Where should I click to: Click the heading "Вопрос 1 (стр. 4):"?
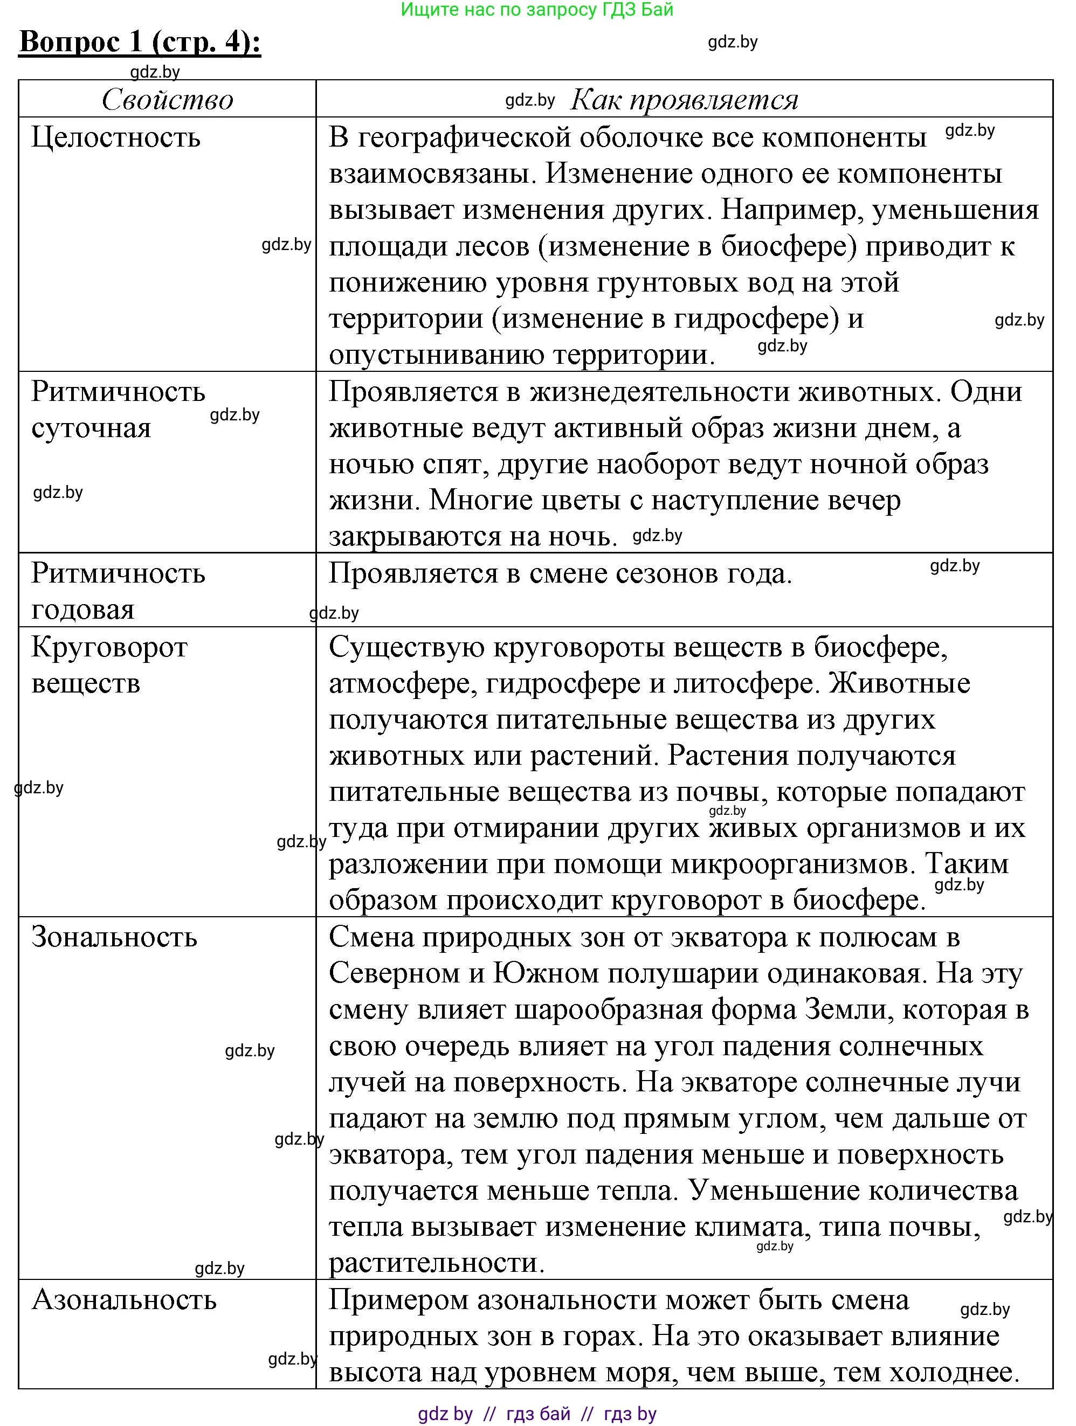tap(140, 43)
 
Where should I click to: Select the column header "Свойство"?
tap(167, 100)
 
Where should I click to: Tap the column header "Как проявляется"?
tap(684, 100)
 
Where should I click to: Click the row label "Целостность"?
tap(116, 137)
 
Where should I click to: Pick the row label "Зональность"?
tap(114, 937)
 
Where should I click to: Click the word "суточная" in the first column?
tap(91, 428)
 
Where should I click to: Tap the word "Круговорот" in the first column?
tap(109, 647)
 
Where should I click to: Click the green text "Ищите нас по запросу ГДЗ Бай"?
tap(537, 10)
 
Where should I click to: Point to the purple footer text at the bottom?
tap(537, 1414)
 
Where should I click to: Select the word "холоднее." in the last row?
tap(954, 1372)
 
